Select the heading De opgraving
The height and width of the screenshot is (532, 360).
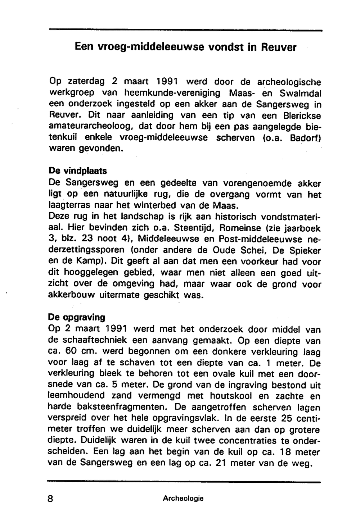(x=77, y=317)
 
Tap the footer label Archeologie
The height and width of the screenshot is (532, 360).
(x=183, y=499)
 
